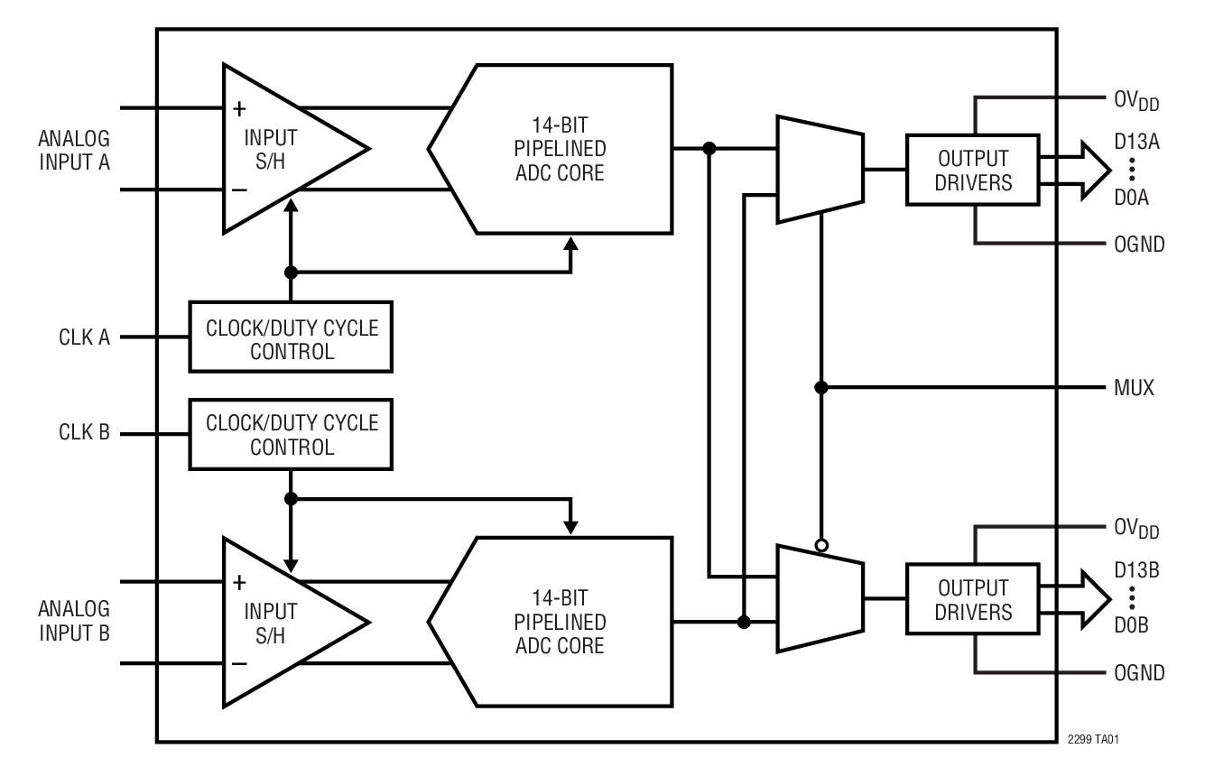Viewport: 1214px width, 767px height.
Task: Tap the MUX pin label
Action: tap(1134, 389)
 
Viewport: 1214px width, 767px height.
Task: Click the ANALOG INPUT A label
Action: tap(74, 151)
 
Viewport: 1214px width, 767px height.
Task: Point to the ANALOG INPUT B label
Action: tap(74, 620)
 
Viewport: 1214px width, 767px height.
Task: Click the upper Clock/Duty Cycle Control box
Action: tap(290, 337)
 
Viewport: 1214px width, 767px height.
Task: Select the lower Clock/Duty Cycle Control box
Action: tap(290, 434)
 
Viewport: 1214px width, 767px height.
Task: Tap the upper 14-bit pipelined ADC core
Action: tap(560, 148)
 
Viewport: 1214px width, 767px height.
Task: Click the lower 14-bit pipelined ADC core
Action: tap(560, 623)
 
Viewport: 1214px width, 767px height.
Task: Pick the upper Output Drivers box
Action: tap(973, 170)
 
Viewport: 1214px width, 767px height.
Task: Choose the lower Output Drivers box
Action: tap(973, 599)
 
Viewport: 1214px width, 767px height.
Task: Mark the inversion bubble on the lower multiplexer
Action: tap(820, 545)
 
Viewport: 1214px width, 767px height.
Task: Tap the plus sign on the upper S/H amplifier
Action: tap(239, 109)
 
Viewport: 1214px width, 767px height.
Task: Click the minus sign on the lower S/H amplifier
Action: tap(239, 664)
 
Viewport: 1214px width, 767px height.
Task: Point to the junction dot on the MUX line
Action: tap(820, 388)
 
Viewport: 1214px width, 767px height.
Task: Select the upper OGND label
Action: tap(1137, 245)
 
